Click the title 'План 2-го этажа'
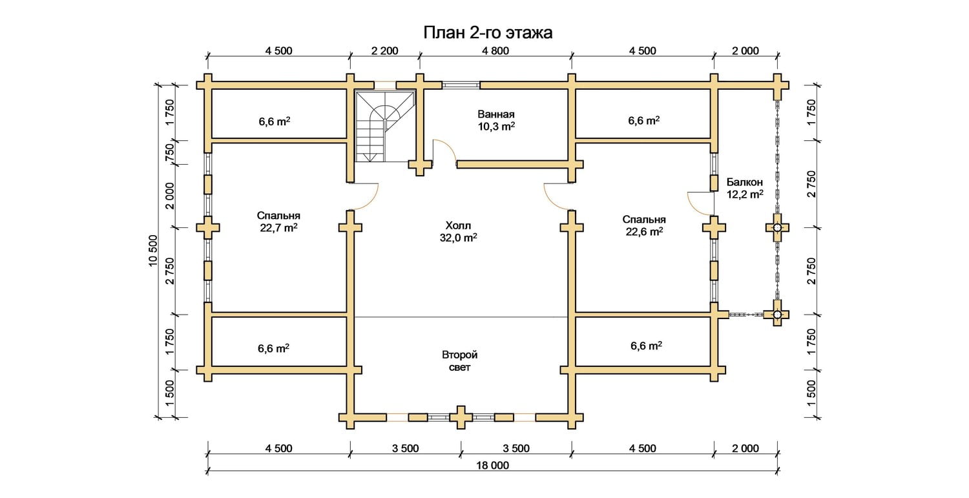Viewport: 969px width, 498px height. (x=487, y=33)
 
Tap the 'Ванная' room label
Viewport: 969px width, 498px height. (x=492, y=114)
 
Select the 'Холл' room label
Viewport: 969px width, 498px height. (x=459, y=225)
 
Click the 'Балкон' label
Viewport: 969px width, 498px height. (x=744, y=182)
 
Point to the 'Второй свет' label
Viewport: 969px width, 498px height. (x=460, y=361)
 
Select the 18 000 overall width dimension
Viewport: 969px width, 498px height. (x=492, y=465)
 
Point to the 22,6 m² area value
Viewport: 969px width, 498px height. (x=644, y=231)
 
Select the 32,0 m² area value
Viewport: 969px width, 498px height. (x=459, y=237)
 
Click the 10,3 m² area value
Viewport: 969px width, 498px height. (x=496, y=127)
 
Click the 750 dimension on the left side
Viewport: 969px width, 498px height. (x=170, y=152)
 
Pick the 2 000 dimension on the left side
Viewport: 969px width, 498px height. (x=170, y=196)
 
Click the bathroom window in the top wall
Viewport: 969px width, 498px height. (x=461, y=84)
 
